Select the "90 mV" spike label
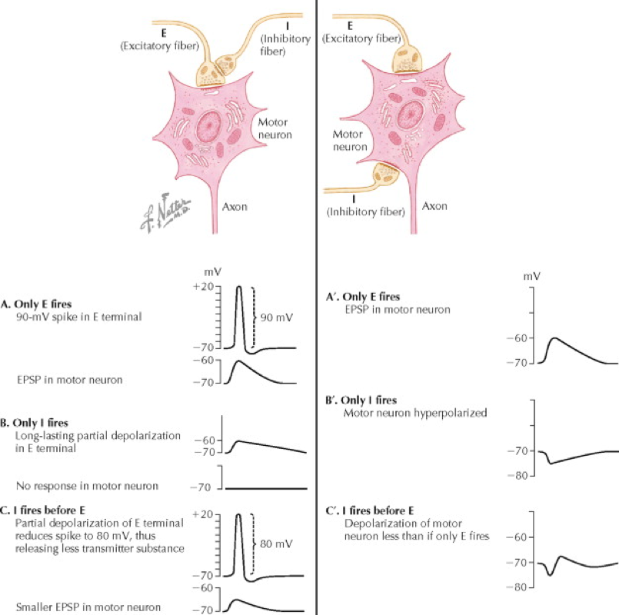coord(277,315)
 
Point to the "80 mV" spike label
coord(278,543)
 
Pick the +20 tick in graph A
coord(203,287)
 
